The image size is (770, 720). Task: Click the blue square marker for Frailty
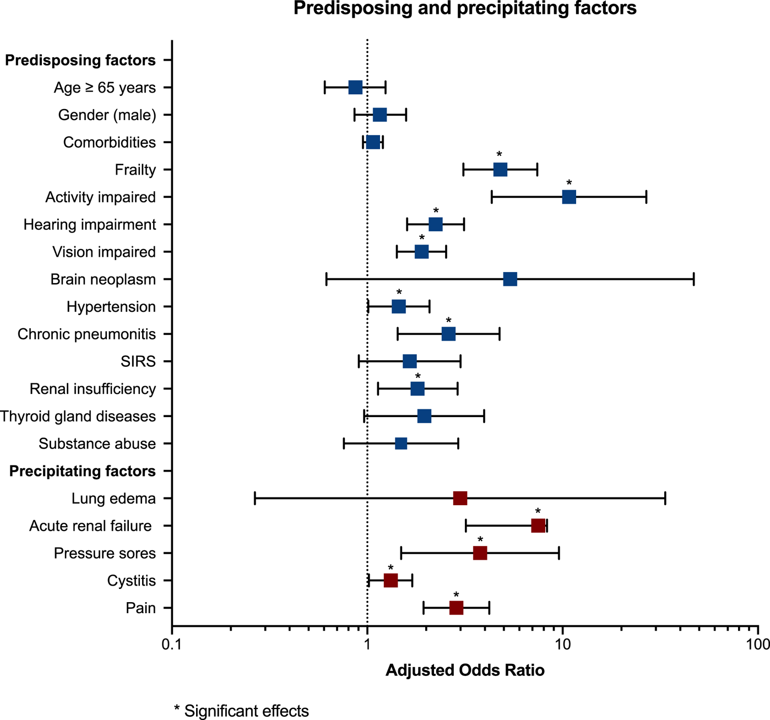[x=500, y=170]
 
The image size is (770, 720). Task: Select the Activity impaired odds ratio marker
[x=569, y=197]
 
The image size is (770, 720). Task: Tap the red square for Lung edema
[x=460, y=499]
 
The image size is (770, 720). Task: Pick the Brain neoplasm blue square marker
[x=510, y=279]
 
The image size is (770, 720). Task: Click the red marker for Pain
[x=456, y=608]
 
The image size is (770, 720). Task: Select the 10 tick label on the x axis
[x=562, y=644]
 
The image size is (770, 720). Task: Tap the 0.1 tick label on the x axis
[x=172, y=644]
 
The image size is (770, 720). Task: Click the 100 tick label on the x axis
[x=758, y=644]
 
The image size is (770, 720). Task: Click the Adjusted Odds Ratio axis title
[x=465, y=670]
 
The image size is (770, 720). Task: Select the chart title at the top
[x=465, y=9]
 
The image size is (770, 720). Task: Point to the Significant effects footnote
[x=241, y=711]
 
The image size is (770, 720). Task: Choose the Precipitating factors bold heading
[x=83, y=471]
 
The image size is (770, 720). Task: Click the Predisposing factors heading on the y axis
[x=80, y=60]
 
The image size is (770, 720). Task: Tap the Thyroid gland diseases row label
[x=78, y=416]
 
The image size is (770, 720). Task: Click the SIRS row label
[x=138, y=361]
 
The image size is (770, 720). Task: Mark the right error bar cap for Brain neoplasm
[x=693, y=279]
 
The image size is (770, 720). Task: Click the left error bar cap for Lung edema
[x=255, y=499]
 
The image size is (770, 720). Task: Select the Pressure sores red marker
[x=480, y=553]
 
